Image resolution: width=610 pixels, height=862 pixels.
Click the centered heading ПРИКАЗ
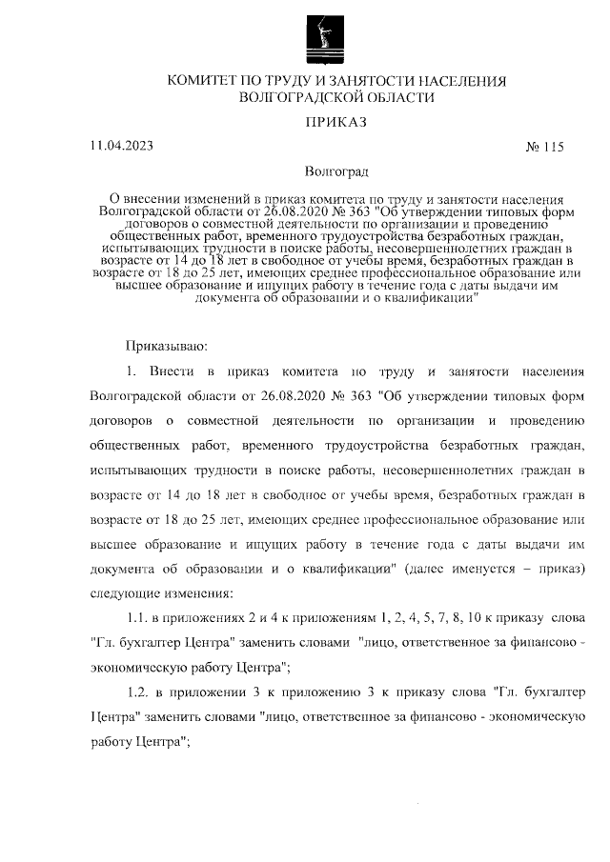pos(335,122)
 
